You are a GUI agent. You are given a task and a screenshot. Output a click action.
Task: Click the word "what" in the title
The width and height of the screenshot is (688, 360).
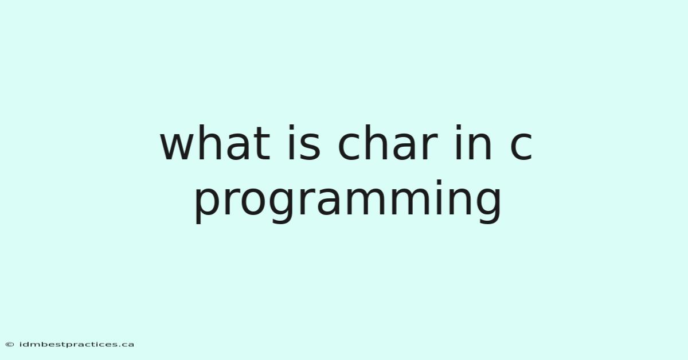click(x=215, y=143)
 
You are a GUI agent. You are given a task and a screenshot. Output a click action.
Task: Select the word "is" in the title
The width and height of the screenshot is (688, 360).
click(x=304, y=143)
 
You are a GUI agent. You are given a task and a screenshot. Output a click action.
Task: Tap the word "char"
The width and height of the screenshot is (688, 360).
click(x=388, y=143)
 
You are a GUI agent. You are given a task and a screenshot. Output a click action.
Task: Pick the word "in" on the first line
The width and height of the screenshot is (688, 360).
click(x=474, y=143)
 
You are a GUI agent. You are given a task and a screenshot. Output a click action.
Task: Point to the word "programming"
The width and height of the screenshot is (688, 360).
click(x=348, y=201)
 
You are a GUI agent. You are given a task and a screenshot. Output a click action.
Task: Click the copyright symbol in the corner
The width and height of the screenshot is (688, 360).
click(x=10, y=345)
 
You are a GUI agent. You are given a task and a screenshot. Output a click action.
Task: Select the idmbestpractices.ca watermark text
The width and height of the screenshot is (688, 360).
click(x=76, y=345)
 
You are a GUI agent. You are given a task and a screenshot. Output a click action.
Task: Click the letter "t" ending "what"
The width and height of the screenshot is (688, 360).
click(x=261, y=144)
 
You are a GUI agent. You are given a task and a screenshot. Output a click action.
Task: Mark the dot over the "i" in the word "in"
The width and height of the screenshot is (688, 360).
click(x=458, y=127)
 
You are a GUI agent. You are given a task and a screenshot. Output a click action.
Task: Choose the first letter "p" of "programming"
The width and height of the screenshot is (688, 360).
click(x=208, y=206)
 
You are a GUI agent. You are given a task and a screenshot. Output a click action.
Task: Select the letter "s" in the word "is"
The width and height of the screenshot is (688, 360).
click(x=310, y=147)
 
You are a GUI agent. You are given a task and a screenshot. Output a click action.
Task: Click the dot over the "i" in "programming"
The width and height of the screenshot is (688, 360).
click(x=439, y=182)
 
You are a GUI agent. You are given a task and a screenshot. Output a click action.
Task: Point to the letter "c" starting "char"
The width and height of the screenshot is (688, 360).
click(x=349, y=147)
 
